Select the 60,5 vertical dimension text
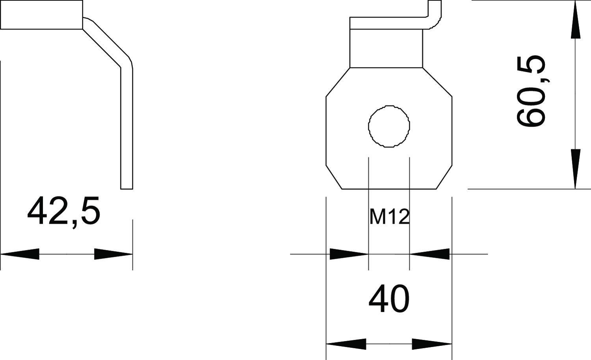coord(531,91)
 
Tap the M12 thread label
coord(389,217)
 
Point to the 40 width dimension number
coord(389,299)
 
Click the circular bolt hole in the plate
coord(389,126)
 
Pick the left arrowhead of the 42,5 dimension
coord(20,254)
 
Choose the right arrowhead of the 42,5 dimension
coord(113,254)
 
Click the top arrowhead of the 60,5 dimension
coord(575,20)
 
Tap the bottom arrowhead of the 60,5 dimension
coord(575,169)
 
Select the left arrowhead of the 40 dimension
coord(346,344)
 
